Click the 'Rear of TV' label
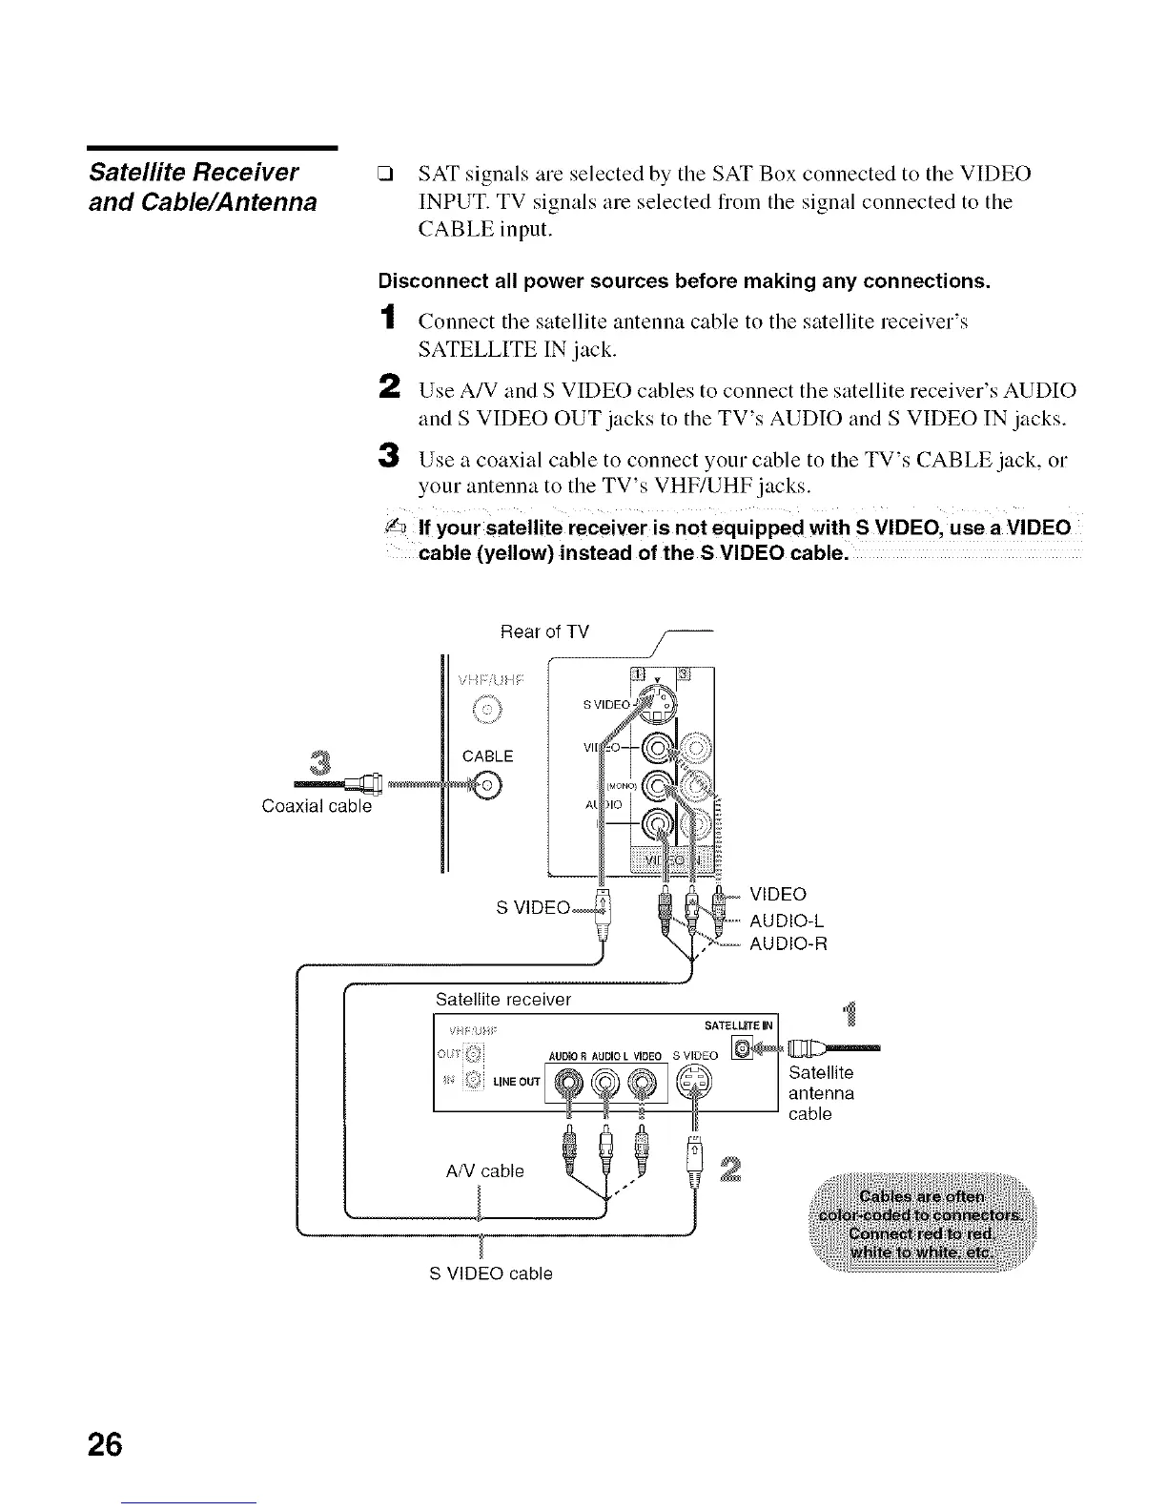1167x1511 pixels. (544, 632)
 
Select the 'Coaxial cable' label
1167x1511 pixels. (317, 806)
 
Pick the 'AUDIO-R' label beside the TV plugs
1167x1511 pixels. (788, 944)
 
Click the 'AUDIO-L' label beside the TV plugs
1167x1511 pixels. (787, 921)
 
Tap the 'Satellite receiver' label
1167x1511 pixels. (502, 1000)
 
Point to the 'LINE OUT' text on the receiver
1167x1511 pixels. (516, 1081)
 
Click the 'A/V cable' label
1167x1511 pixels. (484, 1170)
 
